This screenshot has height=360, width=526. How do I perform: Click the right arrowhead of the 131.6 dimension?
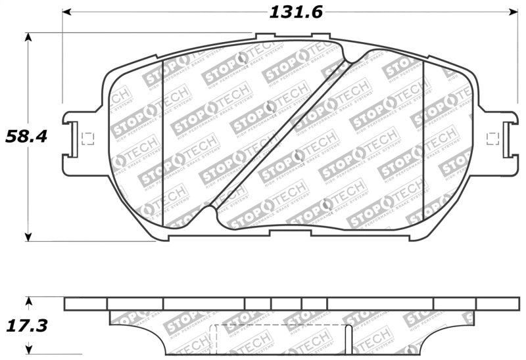515,12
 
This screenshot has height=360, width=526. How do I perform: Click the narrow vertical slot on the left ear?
74,139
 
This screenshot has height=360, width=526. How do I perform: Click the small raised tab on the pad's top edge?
265,37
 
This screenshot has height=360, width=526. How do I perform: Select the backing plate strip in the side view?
289,304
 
